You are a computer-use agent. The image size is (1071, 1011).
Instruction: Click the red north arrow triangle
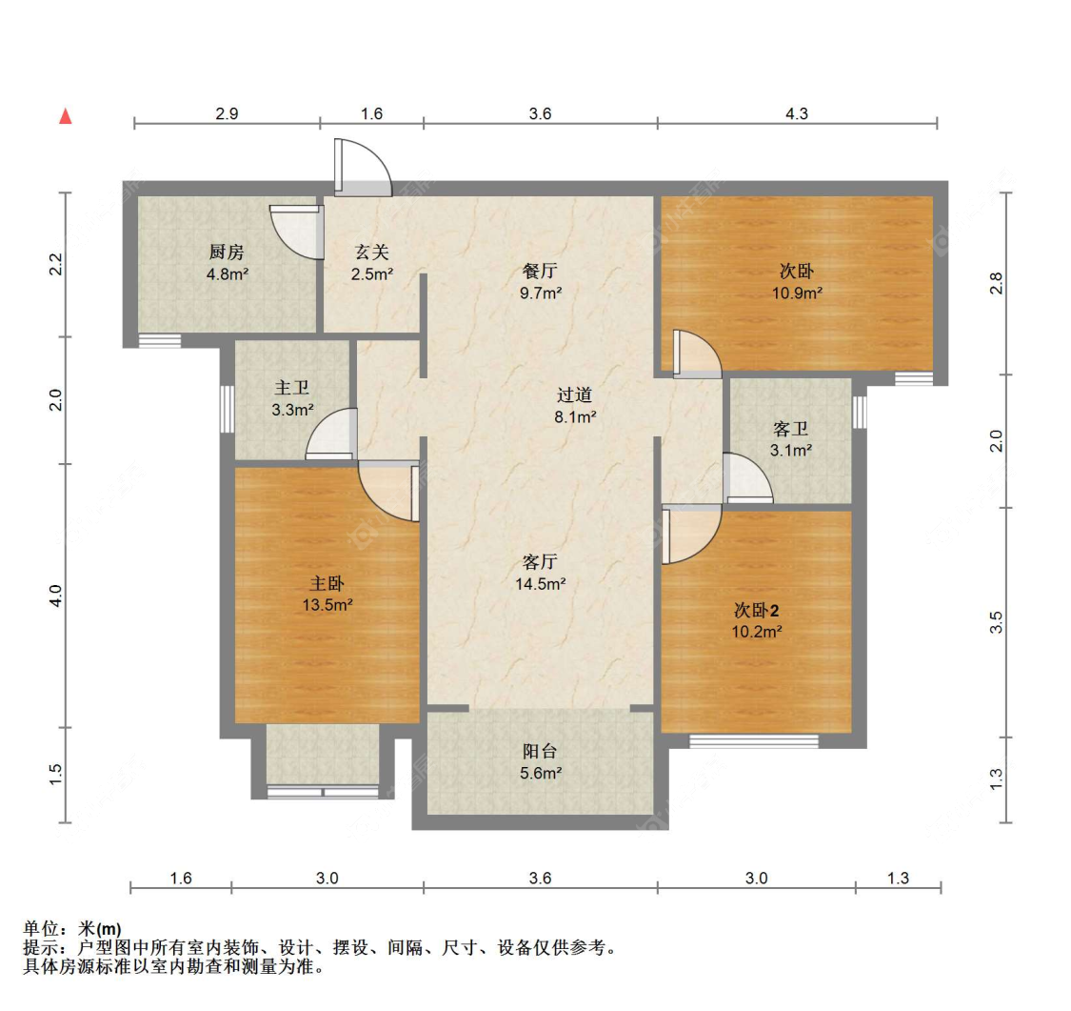pos(66,116)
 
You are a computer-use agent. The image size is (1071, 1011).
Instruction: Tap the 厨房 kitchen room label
pos(227,253)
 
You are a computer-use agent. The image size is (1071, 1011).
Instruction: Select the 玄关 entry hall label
pos(371,253)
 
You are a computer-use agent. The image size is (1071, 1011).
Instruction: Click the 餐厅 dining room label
pos(540,271)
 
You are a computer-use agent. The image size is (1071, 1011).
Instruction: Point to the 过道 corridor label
pos(574,395)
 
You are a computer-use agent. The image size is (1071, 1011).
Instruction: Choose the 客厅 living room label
pos(540,562)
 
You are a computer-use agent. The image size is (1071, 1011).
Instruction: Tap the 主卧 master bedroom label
pos(327,583)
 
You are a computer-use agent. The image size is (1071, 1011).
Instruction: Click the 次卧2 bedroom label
pos(757,610)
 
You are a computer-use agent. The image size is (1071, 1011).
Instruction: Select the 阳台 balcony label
pos(540,751)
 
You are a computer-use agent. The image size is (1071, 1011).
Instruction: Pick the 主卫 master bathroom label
pos(291,388)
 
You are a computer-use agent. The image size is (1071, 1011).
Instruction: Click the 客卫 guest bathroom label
pos(791,429)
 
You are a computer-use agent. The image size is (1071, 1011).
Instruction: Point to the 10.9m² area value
pos(797,293)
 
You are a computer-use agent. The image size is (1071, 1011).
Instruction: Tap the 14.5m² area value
pos(541,584)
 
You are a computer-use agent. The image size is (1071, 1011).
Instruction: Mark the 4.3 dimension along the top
pos(797,113)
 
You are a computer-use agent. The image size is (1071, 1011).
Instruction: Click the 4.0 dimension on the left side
pos(56,596)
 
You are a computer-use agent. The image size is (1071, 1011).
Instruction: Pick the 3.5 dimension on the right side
pos(996,622)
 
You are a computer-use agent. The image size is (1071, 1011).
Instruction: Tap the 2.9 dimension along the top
pos(227,113)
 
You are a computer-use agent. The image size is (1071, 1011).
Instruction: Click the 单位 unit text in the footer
pos(41,928)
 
